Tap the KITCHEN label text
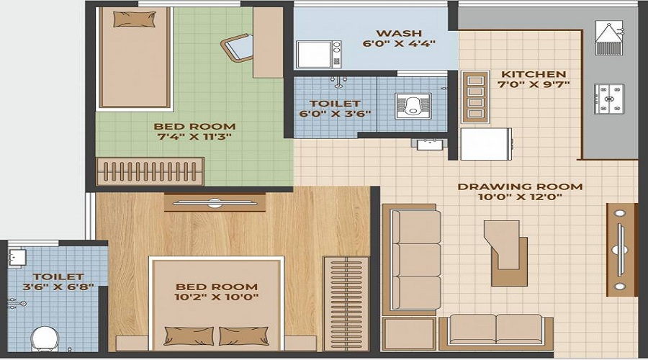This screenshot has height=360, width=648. [x=534, y=74]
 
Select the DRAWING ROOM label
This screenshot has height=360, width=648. [x=510, y=187]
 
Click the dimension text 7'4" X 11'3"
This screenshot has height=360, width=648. [x=194, y=138]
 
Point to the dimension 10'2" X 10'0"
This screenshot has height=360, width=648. [x=215, y=296]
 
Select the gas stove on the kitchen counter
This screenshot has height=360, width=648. [x=609, y=99]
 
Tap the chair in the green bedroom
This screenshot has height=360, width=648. [x=237, y=50]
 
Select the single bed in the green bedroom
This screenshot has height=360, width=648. [x=134, y=58]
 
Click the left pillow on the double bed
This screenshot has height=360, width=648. [x=189, y=336]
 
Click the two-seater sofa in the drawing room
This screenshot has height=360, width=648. [x=496, y=331]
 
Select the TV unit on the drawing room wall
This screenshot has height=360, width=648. [x=620, y=249]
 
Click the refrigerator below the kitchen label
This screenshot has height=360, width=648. [x=485, y=144]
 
